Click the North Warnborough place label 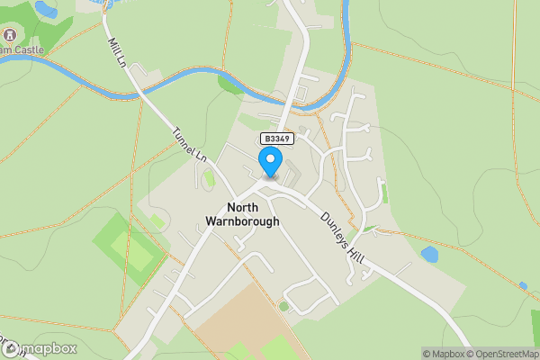coord(241,213)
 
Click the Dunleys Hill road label coord(340,233)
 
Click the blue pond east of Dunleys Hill coord(429,255)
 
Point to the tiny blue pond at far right coord(523,286)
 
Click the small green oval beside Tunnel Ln coord(209,178)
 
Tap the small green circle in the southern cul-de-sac coord(283,306)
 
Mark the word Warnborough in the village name coord(241,221)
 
